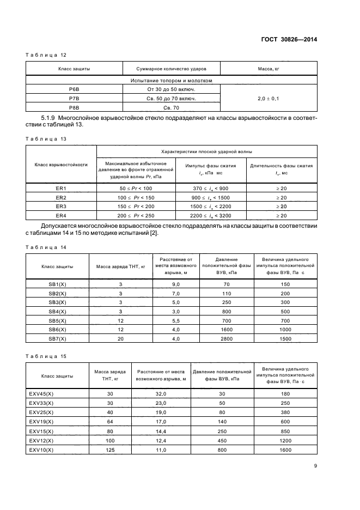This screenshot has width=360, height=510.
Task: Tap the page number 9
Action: [316, 465]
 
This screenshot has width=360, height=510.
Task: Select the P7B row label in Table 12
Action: [74, 98]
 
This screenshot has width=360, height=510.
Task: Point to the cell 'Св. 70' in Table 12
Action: [163, 107]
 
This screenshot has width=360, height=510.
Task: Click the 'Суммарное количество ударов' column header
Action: [163, 69]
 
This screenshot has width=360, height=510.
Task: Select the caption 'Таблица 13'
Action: [46, 139]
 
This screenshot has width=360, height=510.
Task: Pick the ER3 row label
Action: [61, 207]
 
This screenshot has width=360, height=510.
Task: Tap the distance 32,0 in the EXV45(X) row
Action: [161, 394]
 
